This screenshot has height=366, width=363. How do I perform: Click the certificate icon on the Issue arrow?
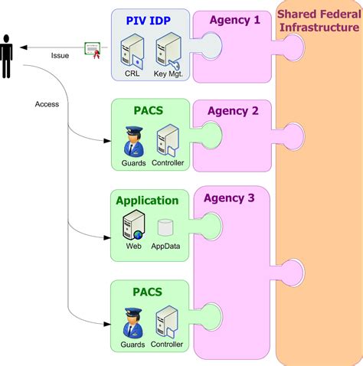coord(94,50)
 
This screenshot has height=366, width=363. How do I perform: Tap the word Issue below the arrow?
coord(60,56)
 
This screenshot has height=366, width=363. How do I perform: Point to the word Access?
coord(47,103)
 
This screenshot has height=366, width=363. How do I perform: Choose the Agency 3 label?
coord(231,198)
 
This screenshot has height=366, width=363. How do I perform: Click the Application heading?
coord(147,201)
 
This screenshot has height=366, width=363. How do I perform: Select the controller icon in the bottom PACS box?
coord(167,322)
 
